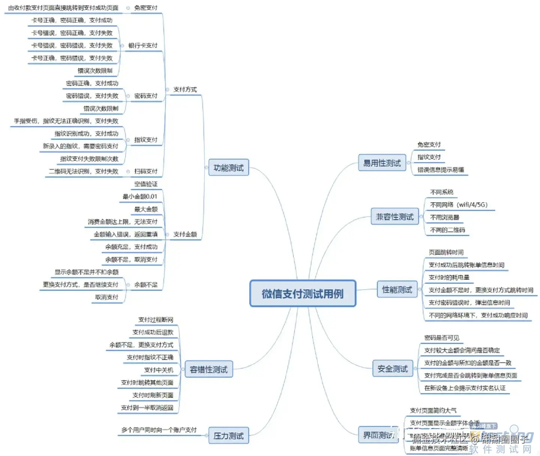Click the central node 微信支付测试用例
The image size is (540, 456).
pyautogui.click(x=303, y=294)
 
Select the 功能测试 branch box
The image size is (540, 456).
pyautogui.click(x=228, y=168)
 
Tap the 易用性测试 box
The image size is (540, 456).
pyautogui.click(x=382, y=163)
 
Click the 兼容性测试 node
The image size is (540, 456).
pyautogui.click(x=394, y=217)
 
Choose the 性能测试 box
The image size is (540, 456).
pyautogui.click(x=397, y=289)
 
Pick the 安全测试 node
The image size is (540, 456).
pyautogui.click(x=392, y=369)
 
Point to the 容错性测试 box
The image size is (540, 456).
pyautogui.click(x=208, y=370)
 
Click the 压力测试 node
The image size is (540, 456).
pyautogui.click(x=228, y=436)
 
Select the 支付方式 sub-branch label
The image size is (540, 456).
pyautogui.click(x=185, y=89)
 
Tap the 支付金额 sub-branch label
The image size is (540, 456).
pyautogui.click(x=185, y=234)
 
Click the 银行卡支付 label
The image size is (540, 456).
pyautogui.click(x=143, y=46)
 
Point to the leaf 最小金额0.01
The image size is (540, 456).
pyautogui.click(x=140, y=197)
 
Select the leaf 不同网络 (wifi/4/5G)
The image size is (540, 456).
pyautogui.click(x=459, y=205)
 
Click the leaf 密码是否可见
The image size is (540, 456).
pyautogui.click(x=441, y=338)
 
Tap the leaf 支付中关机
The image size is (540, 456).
pyautogui.click(x=159, y=370)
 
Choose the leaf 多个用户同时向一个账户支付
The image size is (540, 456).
pyautogui.click(x=159, y=430)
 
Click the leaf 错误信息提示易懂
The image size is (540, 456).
pyautogui.click(x=441, y=170)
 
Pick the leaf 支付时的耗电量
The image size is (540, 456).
pyautogui.click(x=449, y=277)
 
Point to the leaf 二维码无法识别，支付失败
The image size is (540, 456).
pyautogui.click(x=84, y=171)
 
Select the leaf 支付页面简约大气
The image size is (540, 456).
pyautogui.click(x=433, y=410)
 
